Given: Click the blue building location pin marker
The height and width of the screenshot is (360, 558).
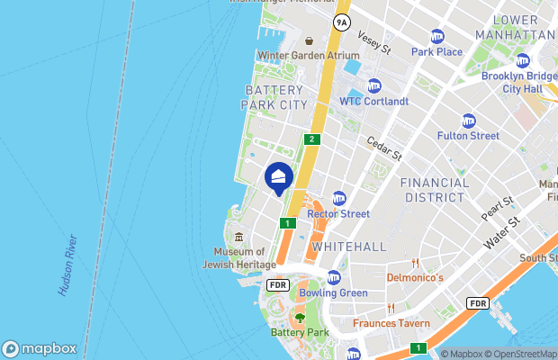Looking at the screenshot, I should (x=279, y=176).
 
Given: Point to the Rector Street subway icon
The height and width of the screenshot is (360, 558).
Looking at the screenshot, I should (x=339, y=198).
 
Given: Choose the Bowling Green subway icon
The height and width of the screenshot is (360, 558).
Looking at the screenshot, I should (x=333, y=277).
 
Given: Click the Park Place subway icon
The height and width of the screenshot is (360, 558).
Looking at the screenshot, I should (x=437, y=36).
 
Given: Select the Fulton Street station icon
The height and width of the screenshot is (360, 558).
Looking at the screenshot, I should (x=468, y=121).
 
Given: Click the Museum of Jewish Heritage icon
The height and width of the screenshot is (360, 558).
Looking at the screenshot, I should (x=238, y=237).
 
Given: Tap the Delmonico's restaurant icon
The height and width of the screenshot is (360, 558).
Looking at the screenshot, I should (x=415, y=264).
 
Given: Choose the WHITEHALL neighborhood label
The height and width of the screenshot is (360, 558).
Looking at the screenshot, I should (x=348, y=246).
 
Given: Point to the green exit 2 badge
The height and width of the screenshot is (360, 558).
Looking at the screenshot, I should (x=311, y=139).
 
